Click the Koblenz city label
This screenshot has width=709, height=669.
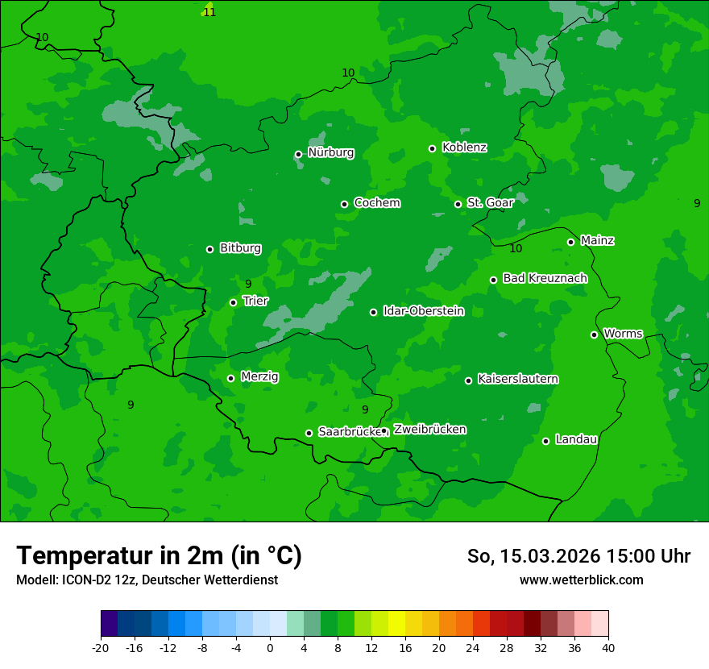tap(464, 148)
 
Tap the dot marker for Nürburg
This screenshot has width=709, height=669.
tap(298, 154)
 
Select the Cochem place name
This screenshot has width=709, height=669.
tap(376, 202)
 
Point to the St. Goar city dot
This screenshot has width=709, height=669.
tap(458, 204)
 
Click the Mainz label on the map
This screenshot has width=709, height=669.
tap(597, 240)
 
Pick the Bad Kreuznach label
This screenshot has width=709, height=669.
tap(545, 278)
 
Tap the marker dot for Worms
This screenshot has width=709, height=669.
tap(594, 334)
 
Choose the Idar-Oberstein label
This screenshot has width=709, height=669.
tap(423, 310)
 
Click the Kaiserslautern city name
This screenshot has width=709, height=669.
tap(517, 379)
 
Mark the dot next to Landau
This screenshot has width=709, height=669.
tap(545, 441)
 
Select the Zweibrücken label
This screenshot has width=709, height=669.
tap(429, 430)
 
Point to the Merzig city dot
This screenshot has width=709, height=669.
tap(230, 378)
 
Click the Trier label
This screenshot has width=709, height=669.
tap(255, 301)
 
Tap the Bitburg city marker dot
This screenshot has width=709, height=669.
tap(209, 249)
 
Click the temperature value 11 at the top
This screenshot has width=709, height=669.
tap(209, 12)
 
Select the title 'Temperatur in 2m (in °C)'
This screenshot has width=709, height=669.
tap(160, 556)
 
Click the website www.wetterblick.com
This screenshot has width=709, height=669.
tap(581, 580)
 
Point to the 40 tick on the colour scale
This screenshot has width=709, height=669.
tap(608, 647)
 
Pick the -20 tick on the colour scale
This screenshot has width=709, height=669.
tap(101, 647)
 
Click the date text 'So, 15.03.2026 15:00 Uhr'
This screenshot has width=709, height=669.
tap(578, 556)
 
